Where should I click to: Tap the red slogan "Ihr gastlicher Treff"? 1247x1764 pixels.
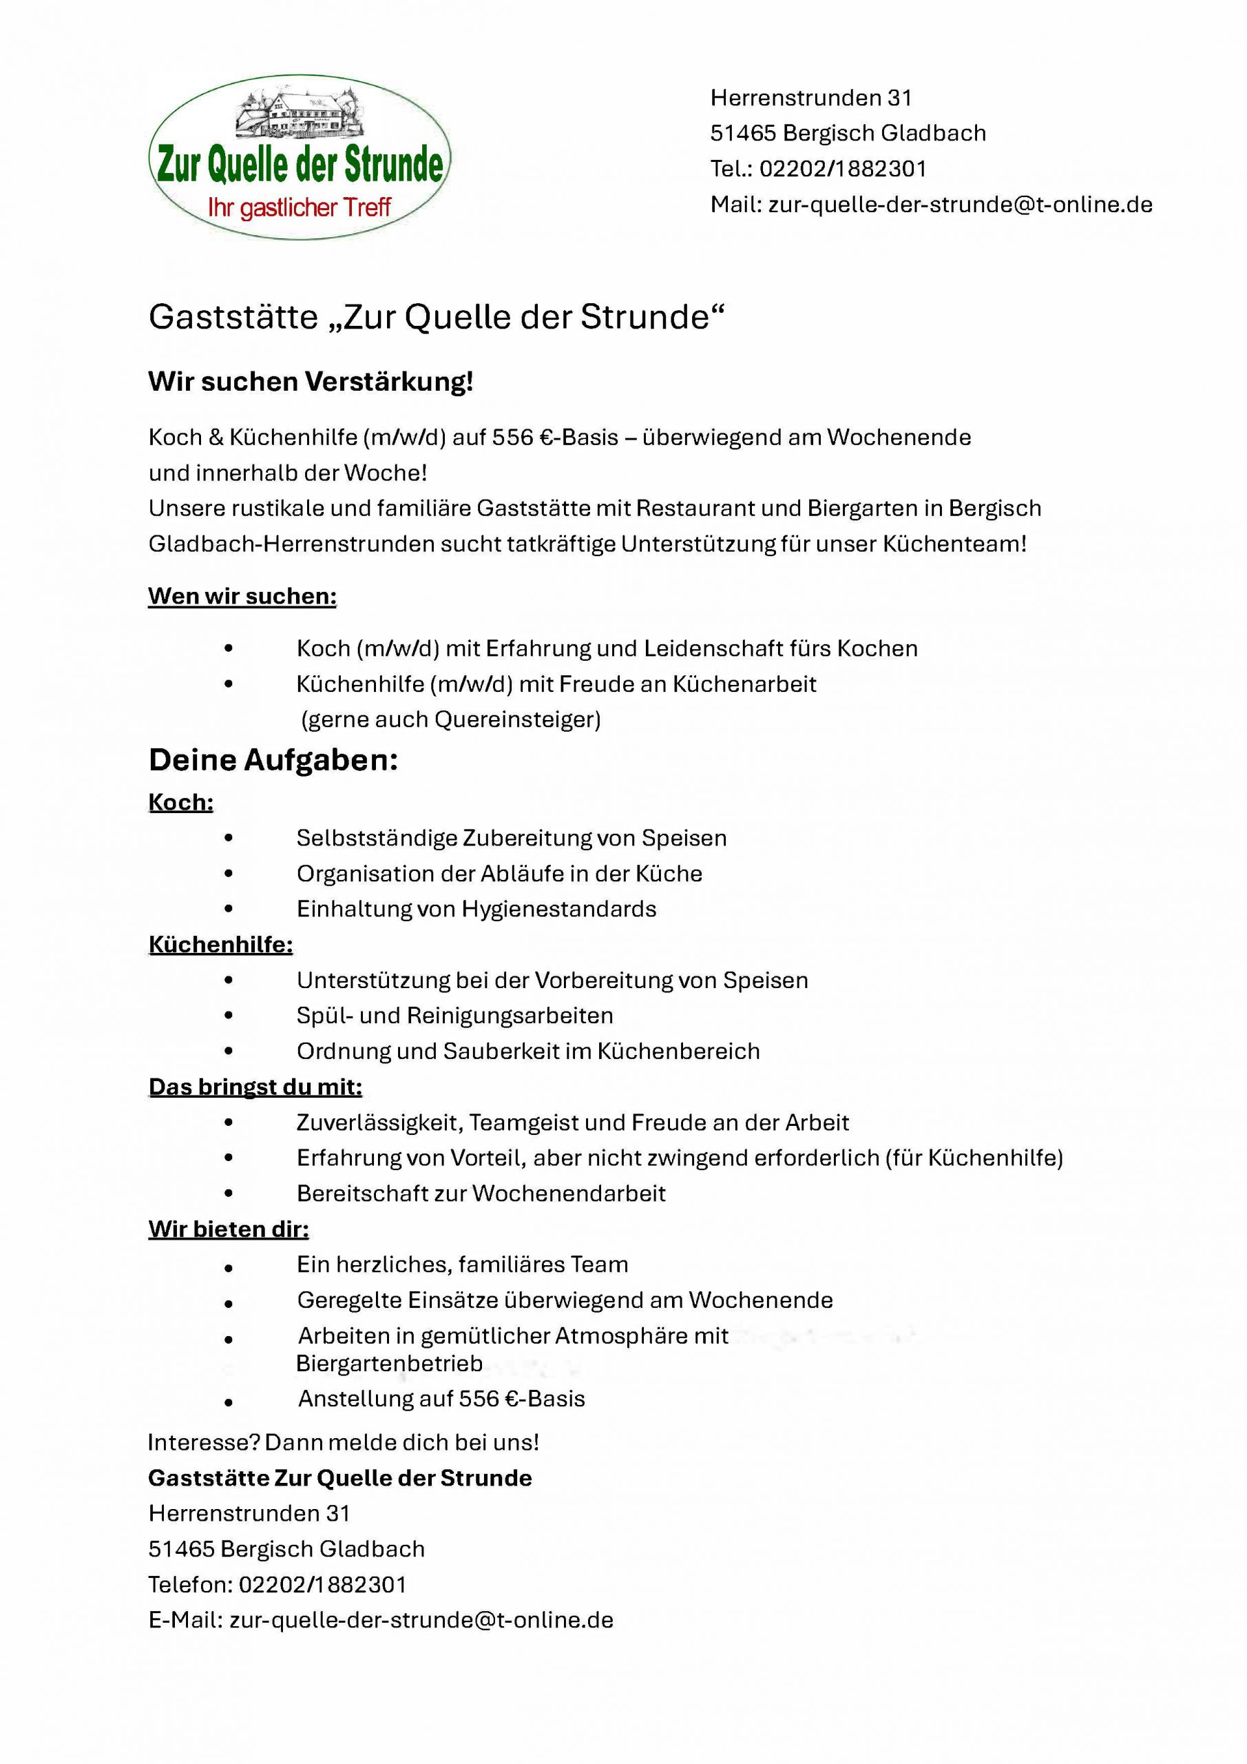pyautogui.click(x=300, y=207)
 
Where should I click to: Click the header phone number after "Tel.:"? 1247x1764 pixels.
pyautogui.click(x=842, y=168)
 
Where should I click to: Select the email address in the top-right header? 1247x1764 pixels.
pyautogui.click(x=960, y=205)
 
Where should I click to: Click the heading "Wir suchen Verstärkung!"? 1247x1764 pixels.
pyautogui.click(x=311, y=381)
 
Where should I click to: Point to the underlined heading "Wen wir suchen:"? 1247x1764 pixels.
pyautogui.click(x=242, y=596)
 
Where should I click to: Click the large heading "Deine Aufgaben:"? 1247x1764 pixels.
pyautogui.click(x=273, y=760)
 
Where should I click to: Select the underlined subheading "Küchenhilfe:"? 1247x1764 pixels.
pyautogui.click(x=220, y=944)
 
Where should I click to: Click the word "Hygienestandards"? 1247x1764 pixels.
pyautogui.click(x=558, y=909)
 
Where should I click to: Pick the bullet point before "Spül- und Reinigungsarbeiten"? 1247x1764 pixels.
pyautogui.click(x=228, y=1016)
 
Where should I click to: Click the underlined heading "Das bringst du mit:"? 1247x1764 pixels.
pyautogui.click(x=255, y=1087)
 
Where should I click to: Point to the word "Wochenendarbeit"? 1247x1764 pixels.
pyautogui.click(x=568, y=1193)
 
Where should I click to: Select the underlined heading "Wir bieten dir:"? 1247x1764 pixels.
pyautogui.click(x=228, y=1229)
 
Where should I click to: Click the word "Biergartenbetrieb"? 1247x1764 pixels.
pyautogui.click(x=389, y=1363)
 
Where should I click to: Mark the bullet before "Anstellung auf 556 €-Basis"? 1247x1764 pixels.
pyautogui.click(x=228, y=1402)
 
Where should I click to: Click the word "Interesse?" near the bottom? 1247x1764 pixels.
pyautogui.click(x=204, y=1442)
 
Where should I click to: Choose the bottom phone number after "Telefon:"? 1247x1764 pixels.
pyautogui.click(x=322, y=1584)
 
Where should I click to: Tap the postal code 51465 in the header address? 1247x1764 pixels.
pyautogui.click(x=742, y=133)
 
